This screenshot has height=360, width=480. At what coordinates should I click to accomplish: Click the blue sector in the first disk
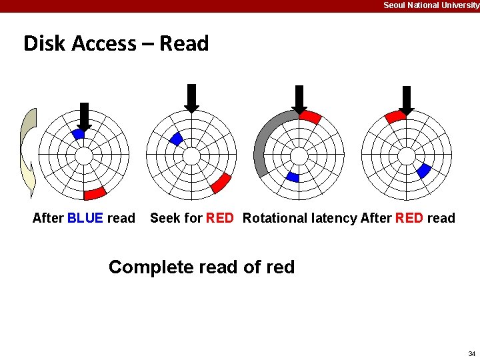click(78, 134)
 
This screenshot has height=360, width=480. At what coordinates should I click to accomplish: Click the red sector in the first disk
click(95, 193)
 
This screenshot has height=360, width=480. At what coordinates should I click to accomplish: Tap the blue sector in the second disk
click(176, 139)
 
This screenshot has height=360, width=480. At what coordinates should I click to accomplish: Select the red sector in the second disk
click(221, 183)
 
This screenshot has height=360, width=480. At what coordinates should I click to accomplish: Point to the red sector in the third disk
click(310, 117)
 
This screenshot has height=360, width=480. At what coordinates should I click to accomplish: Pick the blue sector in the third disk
click(292, 177)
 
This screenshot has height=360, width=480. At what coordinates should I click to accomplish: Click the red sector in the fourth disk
click(395, 117)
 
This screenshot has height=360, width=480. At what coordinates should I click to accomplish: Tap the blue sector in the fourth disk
click(423, 171)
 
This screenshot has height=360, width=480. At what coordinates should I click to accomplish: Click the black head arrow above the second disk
click(191, 97)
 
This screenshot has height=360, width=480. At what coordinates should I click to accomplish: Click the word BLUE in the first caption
click(85, 218)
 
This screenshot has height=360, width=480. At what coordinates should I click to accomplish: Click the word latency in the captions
click(337, 218)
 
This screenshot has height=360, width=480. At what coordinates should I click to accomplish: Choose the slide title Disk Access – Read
click(116, 43)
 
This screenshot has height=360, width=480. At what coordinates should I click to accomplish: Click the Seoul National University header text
click(431, 5)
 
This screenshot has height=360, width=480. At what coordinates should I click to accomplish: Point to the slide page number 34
click(471, 353)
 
